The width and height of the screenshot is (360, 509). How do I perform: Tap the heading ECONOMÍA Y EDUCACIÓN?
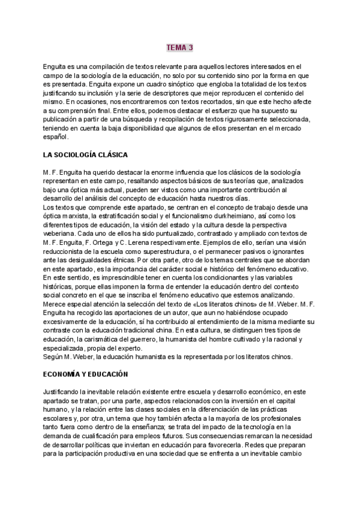click(x=86, y=374)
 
